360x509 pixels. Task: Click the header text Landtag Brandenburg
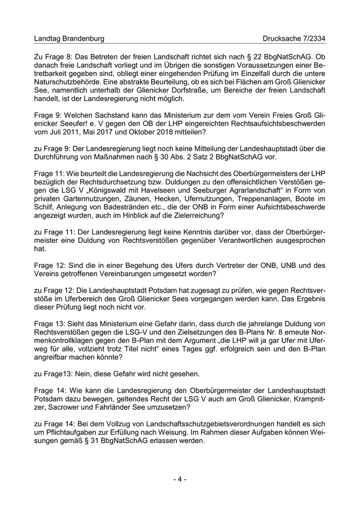[69, 39]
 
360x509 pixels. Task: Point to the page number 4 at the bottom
[179, 479]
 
